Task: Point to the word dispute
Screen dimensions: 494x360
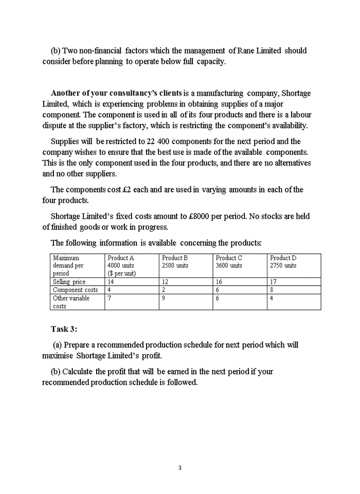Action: pyautogui.click(x=56, y=126)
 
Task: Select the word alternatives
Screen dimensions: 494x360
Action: pyautogui.click(x=290, y=163)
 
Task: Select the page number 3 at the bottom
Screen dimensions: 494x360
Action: pyautogui.click(x=179, y=468)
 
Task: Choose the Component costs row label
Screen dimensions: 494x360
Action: pyautogui.click(x=75, y=290)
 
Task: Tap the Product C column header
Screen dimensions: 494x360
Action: pyautogui.click(x=229, y=258)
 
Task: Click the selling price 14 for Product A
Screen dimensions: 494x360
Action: pyautogui.click(x=111, y=282)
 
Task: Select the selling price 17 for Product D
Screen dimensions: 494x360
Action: pyautogui.click(x=274, y=282)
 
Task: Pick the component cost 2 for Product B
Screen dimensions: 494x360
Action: pyautogui.click(x=164, y=290)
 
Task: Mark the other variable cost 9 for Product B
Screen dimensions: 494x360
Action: pyautogui.click(x=164, y=298)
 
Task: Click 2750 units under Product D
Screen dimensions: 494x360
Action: pyautogui.click(x=283, y=266)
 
